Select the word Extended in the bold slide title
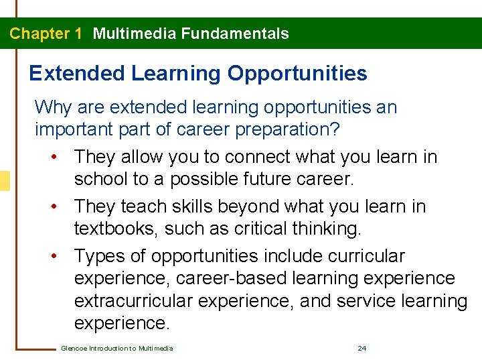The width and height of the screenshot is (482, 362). click(77, 73)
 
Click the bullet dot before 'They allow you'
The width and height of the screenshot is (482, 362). click(52, 158)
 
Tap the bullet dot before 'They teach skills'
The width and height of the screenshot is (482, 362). click(52, 207)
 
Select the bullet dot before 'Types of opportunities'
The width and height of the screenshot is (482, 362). click(52, 257)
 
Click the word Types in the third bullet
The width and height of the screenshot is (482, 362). click(98, 256)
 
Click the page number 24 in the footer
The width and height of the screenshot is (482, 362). click(362, 348)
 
